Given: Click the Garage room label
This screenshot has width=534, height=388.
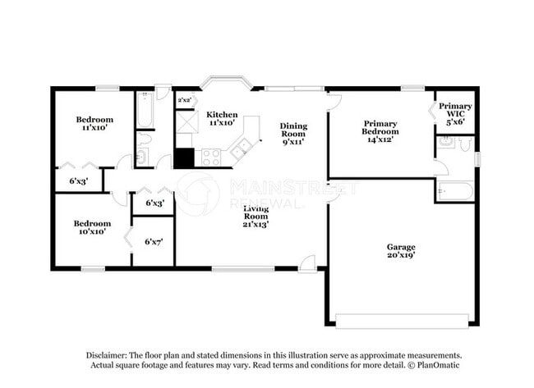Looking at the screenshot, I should click(401, 251).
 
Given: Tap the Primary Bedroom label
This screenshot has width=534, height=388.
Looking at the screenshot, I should click(380, 131).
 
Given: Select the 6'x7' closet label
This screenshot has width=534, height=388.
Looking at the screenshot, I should click(154, 242).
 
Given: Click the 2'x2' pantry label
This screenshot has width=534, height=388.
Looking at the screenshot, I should click(185, 100).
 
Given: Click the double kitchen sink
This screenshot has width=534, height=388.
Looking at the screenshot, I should click(242, 149).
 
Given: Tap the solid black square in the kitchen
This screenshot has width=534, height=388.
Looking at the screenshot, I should click(184, 157).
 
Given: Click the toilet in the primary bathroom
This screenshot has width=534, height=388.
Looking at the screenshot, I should click(465, 144).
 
